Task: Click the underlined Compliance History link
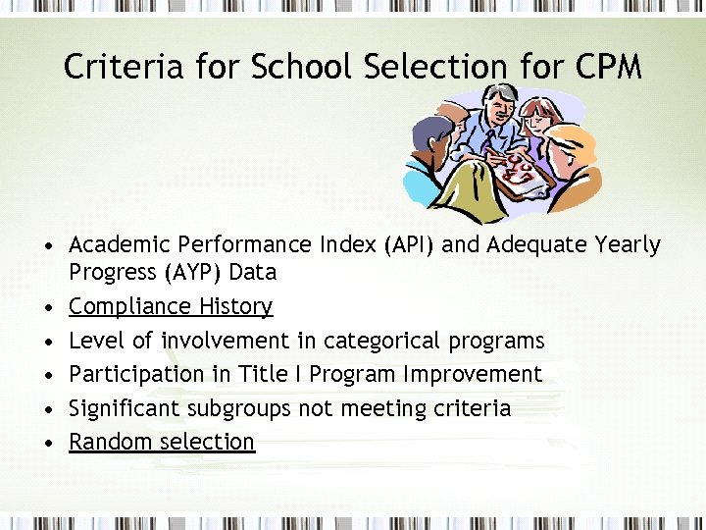click(x=171, y=306)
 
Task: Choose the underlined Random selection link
click(x=162, y=442)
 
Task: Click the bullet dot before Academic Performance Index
click(x=47, y=245)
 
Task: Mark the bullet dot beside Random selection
click(x=47, y=443)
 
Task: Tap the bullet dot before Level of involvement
click(x=47, y=342)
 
